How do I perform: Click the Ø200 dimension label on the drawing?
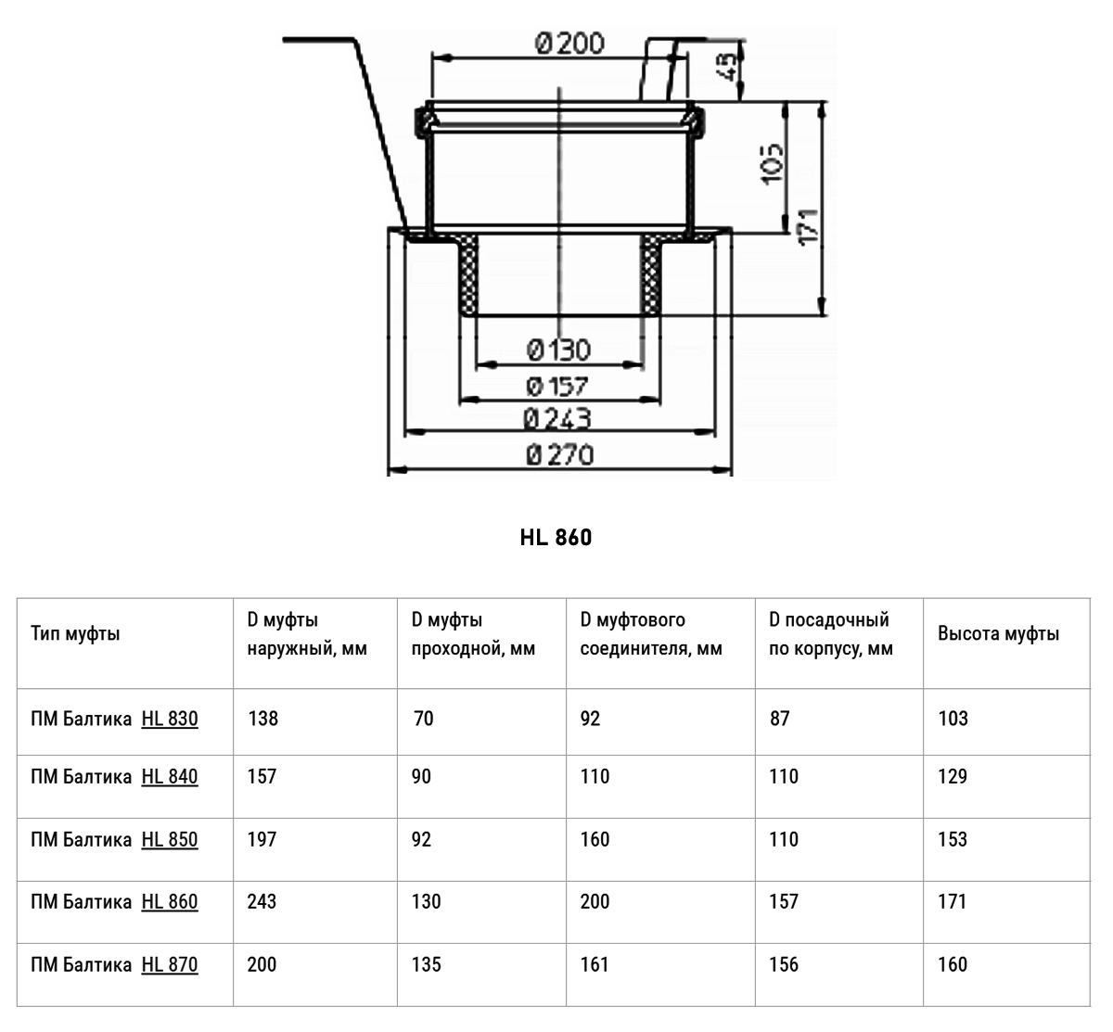coord(569,44)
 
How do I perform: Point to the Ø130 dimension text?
coord(558,350)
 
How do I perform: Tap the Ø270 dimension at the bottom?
coord(560,454)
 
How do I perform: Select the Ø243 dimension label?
coord(557,419)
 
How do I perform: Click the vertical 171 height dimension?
coord(809,226)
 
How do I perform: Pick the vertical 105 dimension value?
coord(772,163)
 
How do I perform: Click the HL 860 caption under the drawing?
coord(556,537)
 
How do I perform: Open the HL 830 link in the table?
coord(170,719)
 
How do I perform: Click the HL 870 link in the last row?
coord(170,964)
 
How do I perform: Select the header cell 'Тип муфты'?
coord(76,633)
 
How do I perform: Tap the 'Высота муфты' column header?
coord(999,633)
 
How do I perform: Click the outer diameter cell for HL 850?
coord(262,839)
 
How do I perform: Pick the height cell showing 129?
coord(953,776)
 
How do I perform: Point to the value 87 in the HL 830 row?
coord(779,719)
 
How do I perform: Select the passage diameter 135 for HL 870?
coord(427,964)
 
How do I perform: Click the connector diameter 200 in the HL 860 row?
coord(595,901)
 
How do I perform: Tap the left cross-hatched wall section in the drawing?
coord(468,275)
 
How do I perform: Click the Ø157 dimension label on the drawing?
coord(557,386)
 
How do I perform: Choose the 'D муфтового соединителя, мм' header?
coord(651,634)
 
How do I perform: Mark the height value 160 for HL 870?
coord(953,964)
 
